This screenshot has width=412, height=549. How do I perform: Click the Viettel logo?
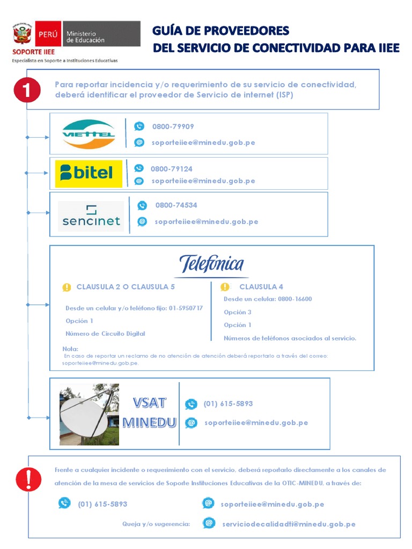tap(89, 133)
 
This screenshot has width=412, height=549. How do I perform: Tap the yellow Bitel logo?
tap(89, 173)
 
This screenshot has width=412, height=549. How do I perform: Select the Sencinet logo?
tap(91, 216)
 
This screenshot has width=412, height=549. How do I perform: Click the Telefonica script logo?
tap(211, 264)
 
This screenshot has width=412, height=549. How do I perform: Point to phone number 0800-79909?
tap(173, 127)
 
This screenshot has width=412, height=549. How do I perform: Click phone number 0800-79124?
tap(171, 169)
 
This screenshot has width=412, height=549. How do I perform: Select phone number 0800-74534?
tap(176, 205)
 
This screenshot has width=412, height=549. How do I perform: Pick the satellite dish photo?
tap(89, 414)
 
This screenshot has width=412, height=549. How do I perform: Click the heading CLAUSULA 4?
tap(261, 287)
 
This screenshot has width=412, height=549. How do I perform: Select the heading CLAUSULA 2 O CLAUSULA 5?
tap(126, 287)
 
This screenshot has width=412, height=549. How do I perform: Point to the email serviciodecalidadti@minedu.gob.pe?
tap(289, 524)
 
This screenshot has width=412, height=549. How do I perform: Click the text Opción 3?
tap(238, 312)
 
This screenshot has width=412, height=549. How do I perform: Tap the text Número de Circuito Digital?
tap(105, 333)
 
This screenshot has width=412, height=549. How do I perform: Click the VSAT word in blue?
tap(150, 403)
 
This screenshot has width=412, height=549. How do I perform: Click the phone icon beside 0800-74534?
tap(142, 205)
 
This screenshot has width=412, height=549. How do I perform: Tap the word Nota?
tap(70, 349)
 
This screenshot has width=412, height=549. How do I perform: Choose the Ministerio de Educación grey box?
tap(101, 35)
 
